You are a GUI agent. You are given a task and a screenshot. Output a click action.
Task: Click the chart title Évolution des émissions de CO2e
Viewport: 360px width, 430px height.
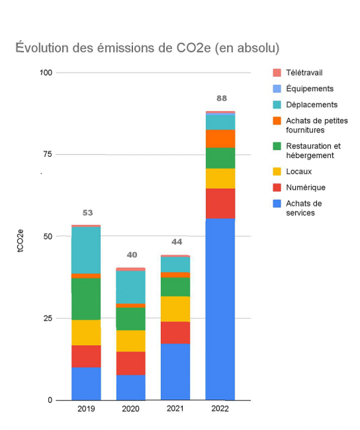coord(147,48)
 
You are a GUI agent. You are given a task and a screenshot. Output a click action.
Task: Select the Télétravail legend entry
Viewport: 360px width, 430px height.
coord(304,73)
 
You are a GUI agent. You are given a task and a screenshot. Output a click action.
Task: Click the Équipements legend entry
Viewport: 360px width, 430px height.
coord(309,89)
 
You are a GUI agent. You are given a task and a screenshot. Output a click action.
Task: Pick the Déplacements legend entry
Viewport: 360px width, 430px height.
coord(312,105)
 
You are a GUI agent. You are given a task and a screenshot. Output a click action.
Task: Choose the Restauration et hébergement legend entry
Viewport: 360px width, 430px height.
coord(313,150)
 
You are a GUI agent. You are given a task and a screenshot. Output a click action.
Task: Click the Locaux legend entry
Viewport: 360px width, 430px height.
coord(299,172)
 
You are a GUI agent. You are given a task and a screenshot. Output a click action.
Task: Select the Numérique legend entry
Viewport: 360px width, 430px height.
coord(305,188)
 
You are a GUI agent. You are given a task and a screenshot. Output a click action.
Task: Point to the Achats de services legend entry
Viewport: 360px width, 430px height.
coord(304,208)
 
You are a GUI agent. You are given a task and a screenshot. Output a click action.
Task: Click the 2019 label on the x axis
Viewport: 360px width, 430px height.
coord(86,409)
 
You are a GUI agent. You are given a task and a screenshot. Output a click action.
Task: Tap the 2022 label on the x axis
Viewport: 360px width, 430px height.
coord(220,409)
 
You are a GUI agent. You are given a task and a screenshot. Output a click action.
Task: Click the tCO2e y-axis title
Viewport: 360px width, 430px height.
coord(21,242)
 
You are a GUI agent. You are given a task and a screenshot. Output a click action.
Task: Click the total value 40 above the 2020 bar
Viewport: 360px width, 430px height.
coord(131,255)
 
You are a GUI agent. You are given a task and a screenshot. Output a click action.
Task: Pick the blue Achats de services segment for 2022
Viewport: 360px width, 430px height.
coord(220,309)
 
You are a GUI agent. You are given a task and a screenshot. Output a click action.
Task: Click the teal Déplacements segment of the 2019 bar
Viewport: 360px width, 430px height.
coord(86,250)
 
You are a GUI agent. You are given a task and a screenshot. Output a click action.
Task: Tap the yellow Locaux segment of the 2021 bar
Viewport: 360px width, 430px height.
coord(175,309)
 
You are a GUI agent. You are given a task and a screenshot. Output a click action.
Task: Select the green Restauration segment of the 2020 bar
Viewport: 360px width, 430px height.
coord(131,318)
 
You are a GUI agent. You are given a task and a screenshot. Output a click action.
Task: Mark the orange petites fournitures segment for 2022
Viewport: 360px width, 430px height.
coord(220,138)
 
